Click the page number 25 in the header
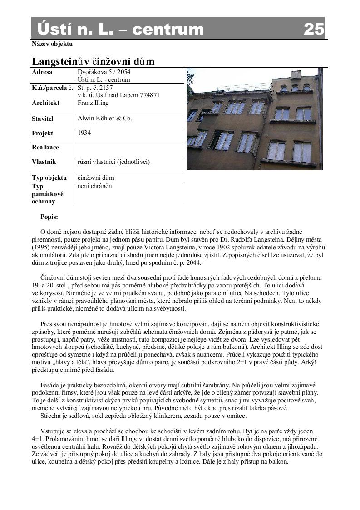coord(314,29)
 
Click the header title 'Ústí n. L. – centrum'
coord(120,29)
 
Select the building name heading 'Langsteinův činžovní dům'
coord(93,62)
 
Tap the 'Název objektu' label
coord(52,44)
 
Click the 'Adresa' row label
coord(42,72)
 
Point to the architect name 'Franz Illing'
coord(93,103)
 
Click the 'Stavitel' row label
coord(43,119)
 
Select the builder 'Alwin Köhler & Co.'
coord(105,118)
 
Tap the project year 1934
coord(84,133)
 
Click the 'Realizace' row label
coord(45,148)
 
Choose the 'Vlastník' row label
coord(44,162)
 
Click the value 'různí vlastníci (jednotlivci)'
coord(113,162)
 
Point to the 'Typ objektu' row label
coord(49,178)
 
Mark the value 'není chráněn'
coord(95,186)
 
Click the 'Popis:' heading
coord(49,217)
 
